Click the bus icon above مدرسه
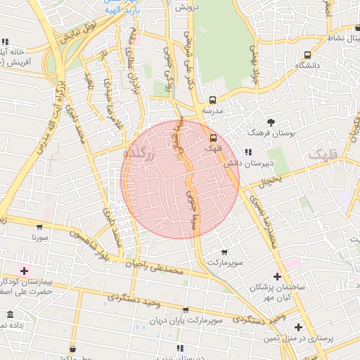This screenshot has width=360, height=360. (x=212, y=100)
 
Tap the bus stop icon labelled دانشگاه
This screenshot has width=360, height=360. (x=307, y=55)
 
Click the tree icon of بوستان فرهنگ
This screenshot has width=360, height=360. (x=271, y=122)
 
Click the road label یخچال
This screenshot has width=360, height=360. (x=269, y=182)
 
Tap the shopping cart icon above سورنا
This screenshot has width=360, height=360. (x=39, y=227)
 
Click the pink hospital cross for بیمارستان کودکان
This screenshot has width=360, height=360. (x=25, y=271)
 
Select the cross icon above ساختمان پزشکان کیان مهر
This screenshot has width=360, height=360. (x=277, y=276)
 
